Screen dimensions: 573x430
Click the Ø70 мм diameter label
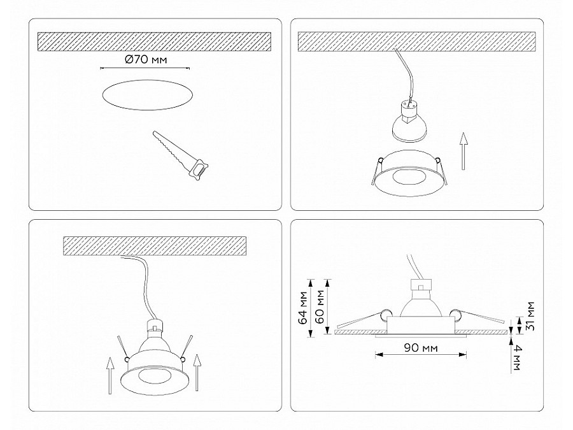(x=145, y=59)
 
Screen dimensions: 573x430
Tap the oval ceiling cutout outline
(x=147, y=80)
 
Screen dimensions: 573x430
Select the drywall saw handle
(x=199, y=170)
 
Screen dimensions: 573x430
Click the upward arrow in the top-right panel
(x=463, y=151)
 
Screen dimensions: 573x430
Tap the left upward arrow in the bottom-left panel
(x=110, y=375)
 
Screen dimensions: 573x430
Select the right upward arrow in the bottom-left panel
(x=197, y=372)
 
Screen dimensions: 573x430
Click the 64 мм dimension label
(x=302, y=308)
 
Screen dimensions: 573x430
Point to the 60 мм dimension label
(x=320, y=306)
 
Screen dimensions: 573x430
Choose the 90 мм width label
(x=421, y=348)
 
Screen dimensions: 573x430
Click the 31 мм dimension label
(x=530, y=316)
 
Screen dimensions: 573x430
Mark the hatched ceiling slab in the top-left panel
(x=154, y=41)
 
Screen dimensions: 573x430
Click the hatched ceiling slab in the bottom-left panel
(x=155, y=246)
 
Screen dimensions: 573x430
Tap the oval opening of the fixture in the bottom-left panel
(x=155, y=377)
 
